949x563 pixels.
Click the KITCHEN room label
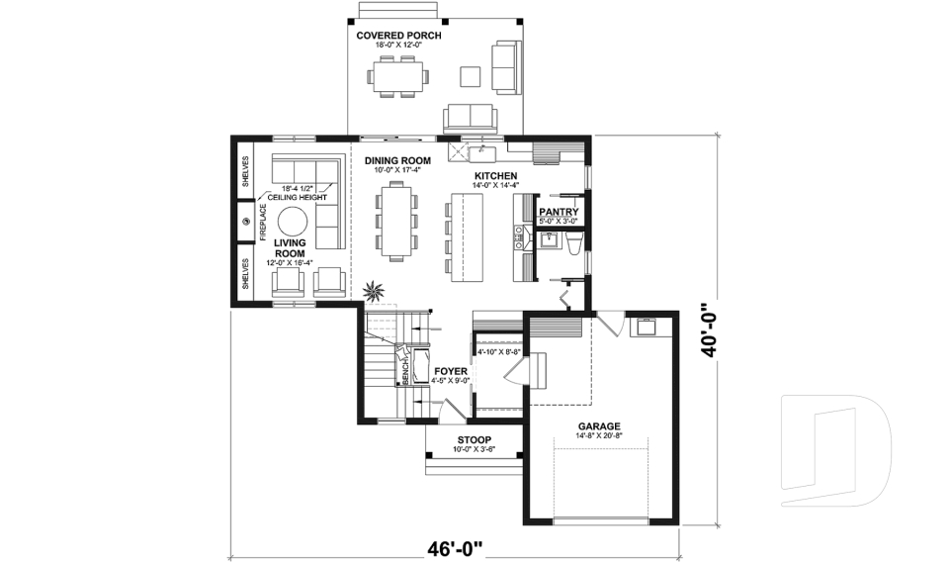point(496,175)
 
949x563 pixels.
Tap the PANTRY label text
point(558,211)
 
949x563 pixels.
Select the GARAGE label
point(598,427)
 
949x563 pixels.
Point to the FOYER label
point(451,372)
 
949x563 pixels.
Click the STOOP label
point(474,440)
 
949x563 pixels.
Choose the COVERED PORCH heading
point(398,36)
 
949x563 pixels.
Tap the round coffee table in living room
point(294,221)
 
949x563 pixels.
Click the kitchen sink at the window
point(483,152)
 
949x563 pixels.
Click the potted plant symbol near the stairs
point(375,291)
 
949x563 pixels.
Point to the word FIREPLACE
point(263,222)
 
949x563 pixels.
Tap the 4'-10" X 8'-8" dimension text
point(498,351)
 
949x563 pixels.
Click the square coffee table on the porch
point(472,75)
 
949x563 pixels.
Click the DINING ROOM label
point(397,160)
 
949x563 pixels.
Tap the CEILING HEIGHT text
point(298,198)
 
